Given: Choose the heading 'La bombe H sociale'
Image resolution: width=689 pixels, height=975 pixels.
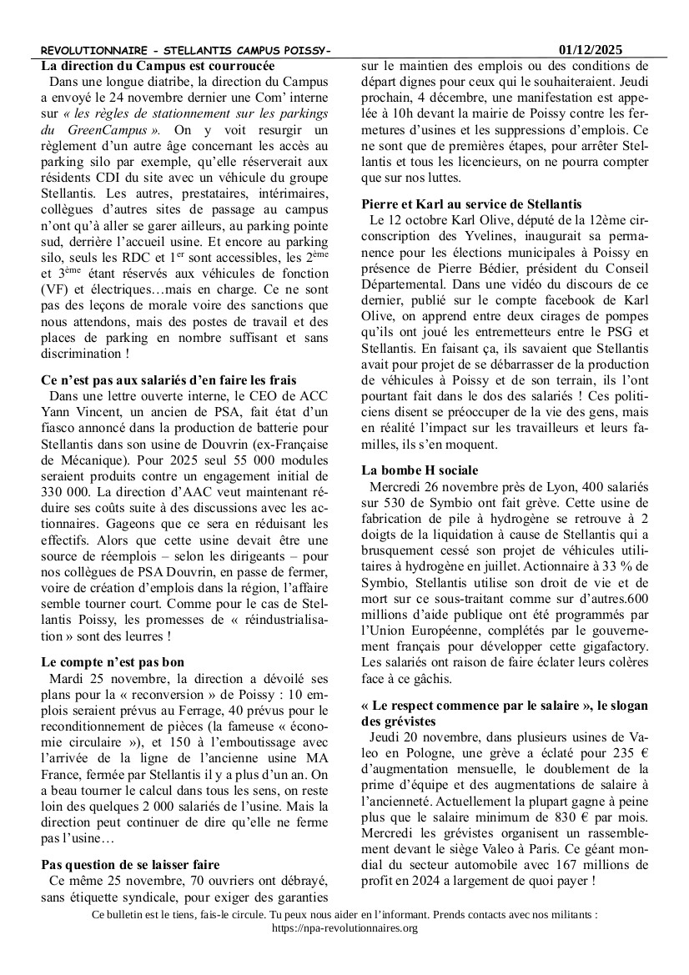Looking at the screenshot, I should [420, 470].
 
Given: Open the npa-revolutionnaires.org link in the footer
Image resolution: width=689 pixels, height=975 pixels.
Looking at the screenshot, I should [344, 927].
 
